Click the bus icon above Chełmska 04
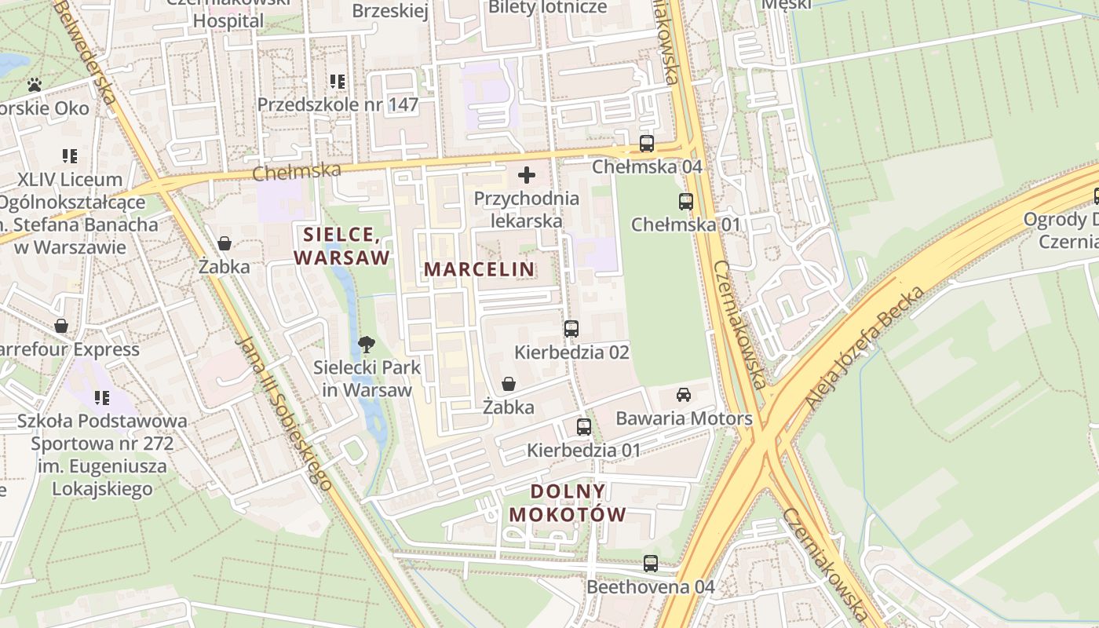coord(646,144)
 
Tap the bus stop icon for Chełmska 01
coord(686,202)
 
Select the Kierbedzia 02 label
coord(571,352)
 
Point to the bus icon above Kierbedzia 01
coord(584,427)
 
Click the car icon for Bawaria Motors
coord(684,394)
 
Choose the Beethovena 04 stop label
coord(651,587)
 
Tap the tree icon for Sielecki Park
coord(366,344)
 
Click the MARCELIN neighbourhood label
coord(479,269)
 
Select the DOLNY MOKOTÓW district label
coord(568,503)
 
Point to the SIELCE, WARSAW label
coord(341,246)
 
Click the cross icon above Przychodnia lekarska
coord(527,175)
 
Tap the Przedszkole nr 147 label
coord(338,104)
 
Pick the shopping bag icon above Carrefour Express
coord(61,326)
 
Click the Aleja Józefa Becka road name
coord(860,347)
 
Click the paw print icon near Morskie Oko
coord(35,85)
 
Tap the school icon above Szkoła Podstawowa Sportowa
coord(102,398)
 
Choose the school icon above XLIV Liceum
coord(70,156)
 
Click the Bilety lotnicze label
coord(548,8)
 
